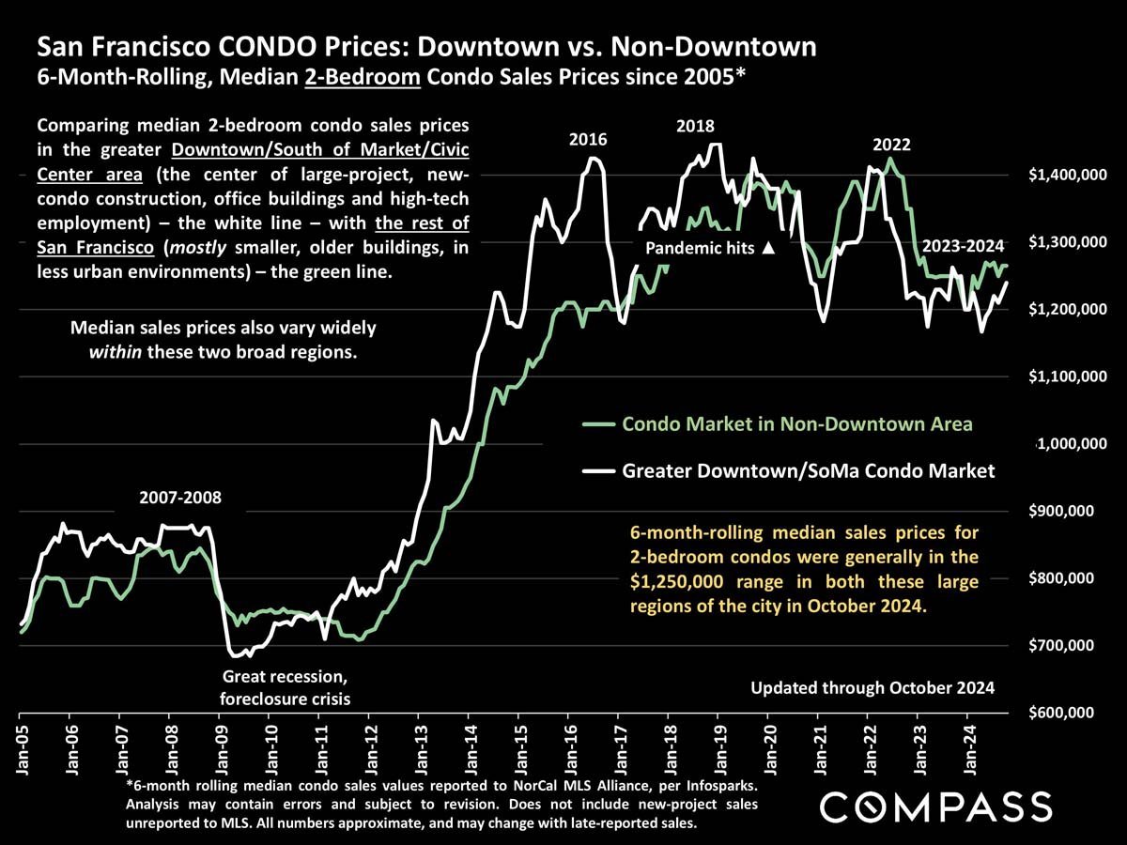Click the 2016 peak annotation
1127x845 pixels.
(589, 140)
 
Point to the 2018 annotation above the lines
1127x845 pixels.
(694, 126)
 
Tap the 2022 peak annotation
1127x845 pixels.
(891, 146)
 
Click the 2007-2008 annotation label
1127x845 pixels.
(180, 497)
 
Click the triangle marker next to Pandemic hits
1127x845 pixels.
(768, 249)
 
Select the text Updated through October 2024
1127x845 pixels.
(872, 688)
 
